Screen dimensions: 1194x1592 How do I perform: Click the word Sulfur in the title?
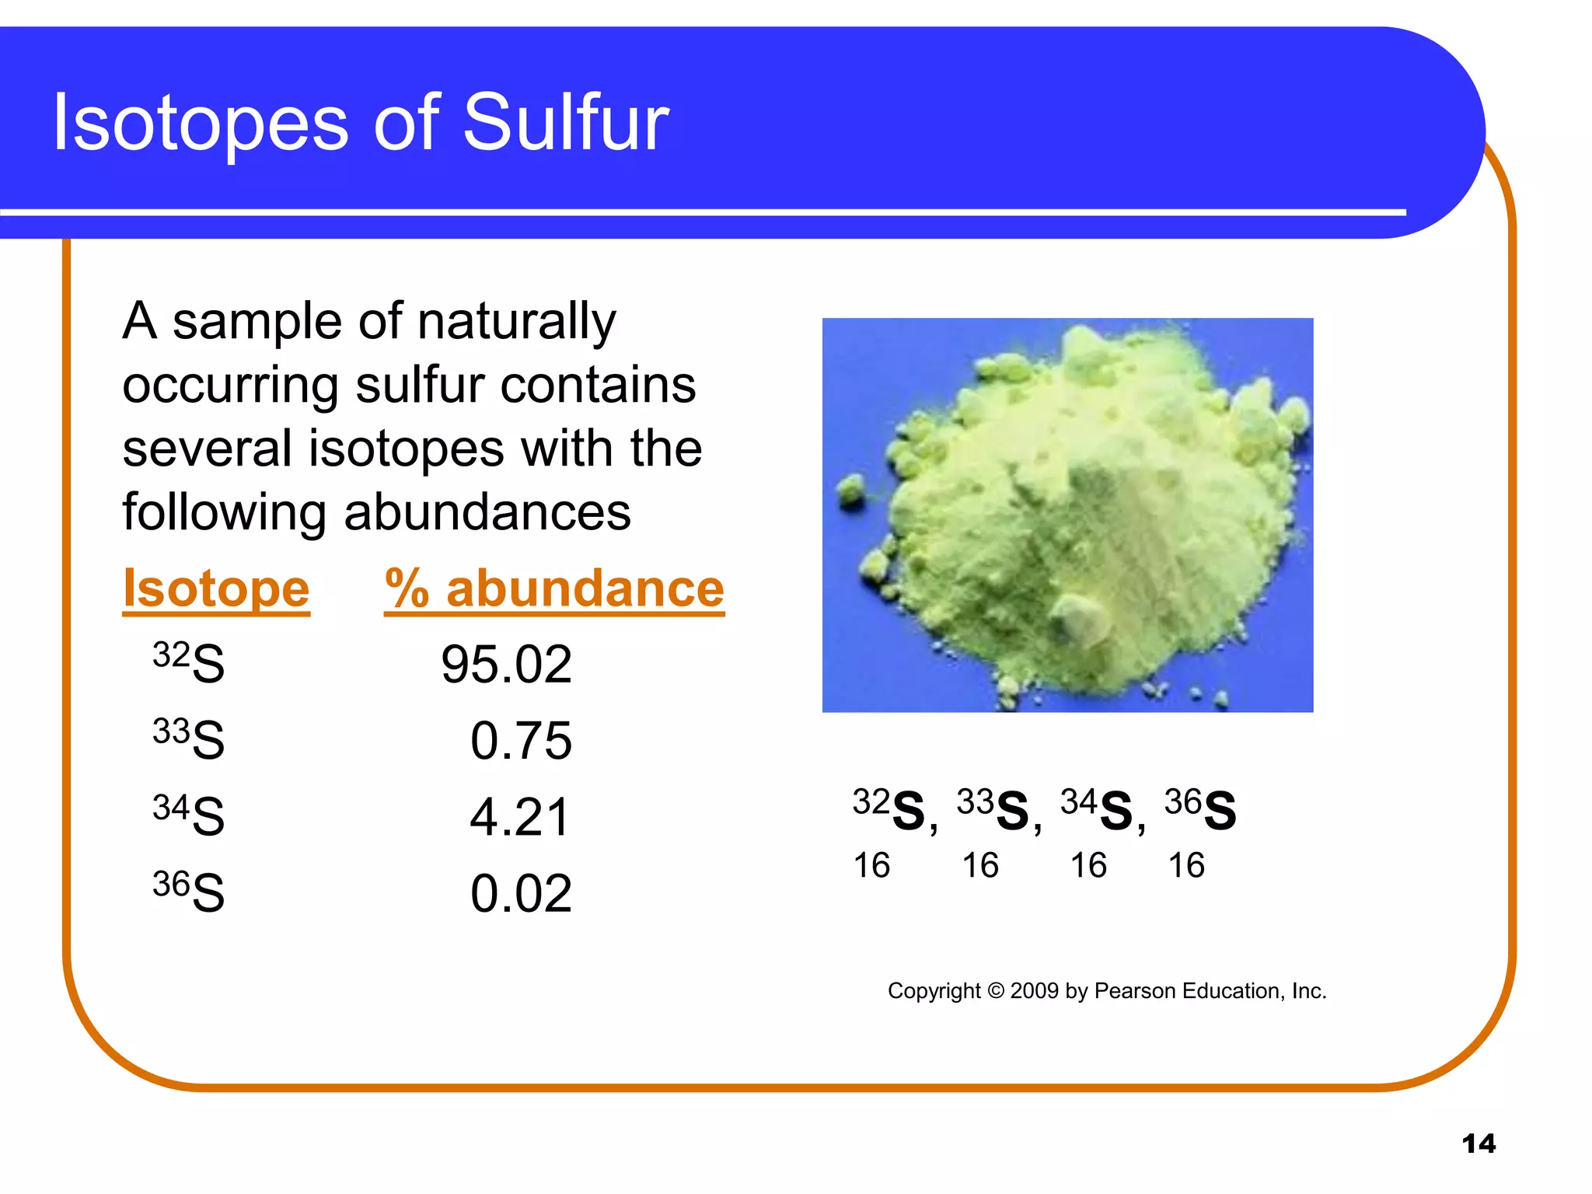(565, 123)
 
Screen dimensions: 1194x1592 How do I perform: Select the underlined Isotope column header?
(216, 589)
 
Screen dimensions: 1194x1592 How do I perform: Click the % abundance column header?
(554, 589)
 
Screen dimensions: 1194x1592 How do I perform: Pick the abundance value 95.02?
(506, 665)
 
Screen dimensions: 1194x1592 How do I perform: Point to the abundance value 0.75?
(521, 742)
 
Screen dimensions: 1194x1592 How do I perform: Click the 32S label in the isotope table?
(189, 662)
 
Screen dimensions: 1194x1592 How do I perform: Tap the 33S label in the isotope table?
(189, 738)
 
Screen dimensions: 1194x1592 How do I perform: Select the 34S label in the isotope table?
(189, 815)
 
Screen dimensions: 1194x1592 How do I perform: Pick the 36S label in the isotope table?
(189, 891)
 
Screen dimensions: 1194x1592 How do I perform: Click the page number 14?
(1479, 1144)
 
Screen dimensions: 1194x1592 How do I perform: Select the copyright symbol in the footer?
(996, 991)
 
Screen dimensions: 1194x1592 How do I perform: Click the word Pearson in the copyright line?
(1134, 991)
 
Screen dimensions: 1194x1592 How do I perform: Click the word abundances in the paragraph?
(487, 513)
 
